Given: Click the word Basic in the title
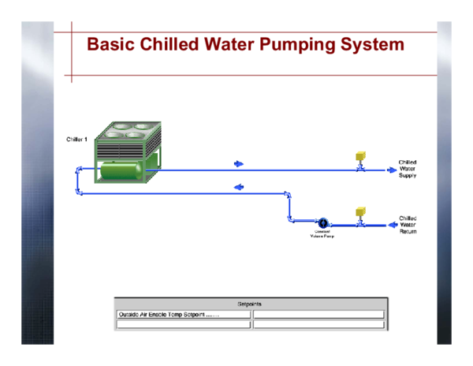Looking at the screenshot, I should coord(110,44).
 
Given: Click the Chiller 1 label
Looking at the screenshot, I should coord(76,140).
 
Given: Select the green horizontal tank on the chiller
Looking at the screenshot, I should coord(121,169).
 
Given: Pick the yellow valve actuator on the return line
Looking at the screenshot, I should coord(360,212).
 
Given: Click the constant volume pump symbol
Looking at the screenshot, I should coord(322,224).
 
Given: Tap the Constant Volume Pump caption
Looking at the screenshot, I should coord(322,233).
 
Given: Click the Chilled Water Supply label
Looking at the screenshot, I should coord(408,169).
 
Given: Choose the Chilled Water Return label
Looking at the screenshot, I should coord(408,225).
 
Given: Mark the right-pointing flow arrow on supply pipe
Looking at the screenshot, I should coord(239,164).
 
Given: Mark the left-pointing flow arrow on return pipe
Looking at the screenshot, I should coord(239,187).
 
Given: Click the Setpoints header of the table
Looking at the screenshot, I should coord(250,304).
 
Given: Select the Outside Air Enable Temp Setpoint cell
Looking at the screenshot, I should coord(183,314).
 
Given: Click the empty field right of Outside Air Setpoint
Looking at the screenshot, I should coord(318,314).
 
